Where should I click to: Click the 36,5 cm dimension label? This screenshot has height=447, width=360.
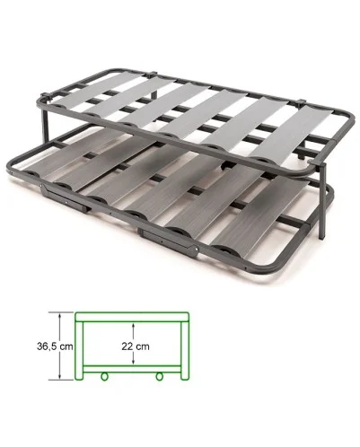55,346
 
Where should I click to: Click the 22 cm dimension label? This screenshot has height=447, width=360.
136,346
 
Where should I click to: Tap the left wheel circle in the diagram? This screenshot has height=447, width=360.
104,376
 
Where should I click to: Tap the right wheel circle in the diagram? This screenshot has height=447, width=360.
160,376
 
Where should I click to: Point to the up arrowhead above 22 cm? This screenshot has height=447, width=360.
134,325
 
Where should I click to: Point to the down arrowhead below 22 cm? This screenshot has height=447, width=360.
134,362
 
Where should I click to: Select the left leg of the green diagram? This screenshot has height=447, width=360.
79,351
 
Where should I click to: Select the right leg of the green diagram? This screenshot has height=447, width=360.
185,351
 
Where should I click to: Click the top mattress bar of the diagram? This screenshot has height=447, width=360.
132,317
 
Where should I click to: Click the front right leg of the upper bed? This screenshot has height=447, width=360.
321,200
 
